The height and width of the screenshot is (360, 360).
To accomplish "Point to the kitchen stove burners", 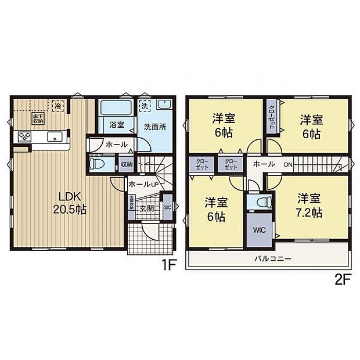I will (x=25, y=137).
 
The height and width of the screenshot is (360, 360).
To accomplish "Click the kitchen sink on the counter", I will (x=55, y=137).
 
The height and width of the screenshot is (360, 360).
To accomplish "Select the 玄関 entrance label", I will (x=146, y=208).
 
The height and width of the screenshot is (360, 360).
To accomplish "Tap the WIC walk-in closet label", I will (x=257, y=229).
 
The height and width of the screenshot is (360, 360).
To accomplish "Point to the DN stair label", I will (x=288, y=164).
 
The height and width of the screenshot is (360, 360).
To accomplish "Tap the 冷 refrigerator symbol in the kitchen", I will (x=57, y=106).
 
